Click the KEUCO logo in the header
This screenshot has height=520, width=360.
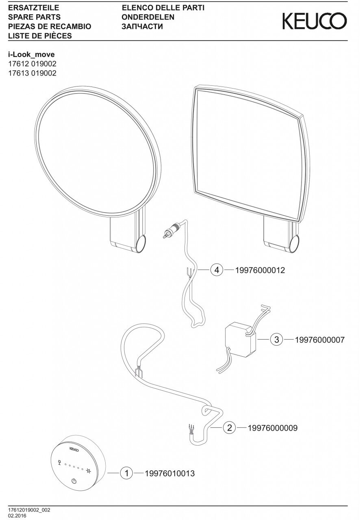315,21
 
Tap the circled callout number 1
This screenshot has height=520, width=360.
127,473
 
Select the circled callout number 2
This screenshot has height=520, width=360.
230,428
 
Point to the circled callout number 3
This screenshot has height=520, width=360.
277,340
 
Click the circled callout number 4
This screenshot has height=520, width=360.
217,270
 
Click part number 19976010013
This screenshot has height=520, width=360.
170,474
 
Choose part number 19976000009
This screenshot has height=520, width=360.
272,428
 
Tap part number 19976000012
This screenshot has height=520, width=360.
260,270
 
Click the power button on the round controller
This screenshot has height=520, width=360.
74,481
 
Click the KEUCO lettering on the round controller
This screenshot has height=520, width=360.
74,450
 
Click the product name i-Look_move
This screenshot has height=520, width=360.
31,54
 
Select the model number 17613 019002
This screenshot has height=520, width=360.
32,74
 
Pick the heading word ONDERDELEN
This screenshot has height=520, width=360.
148,17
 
